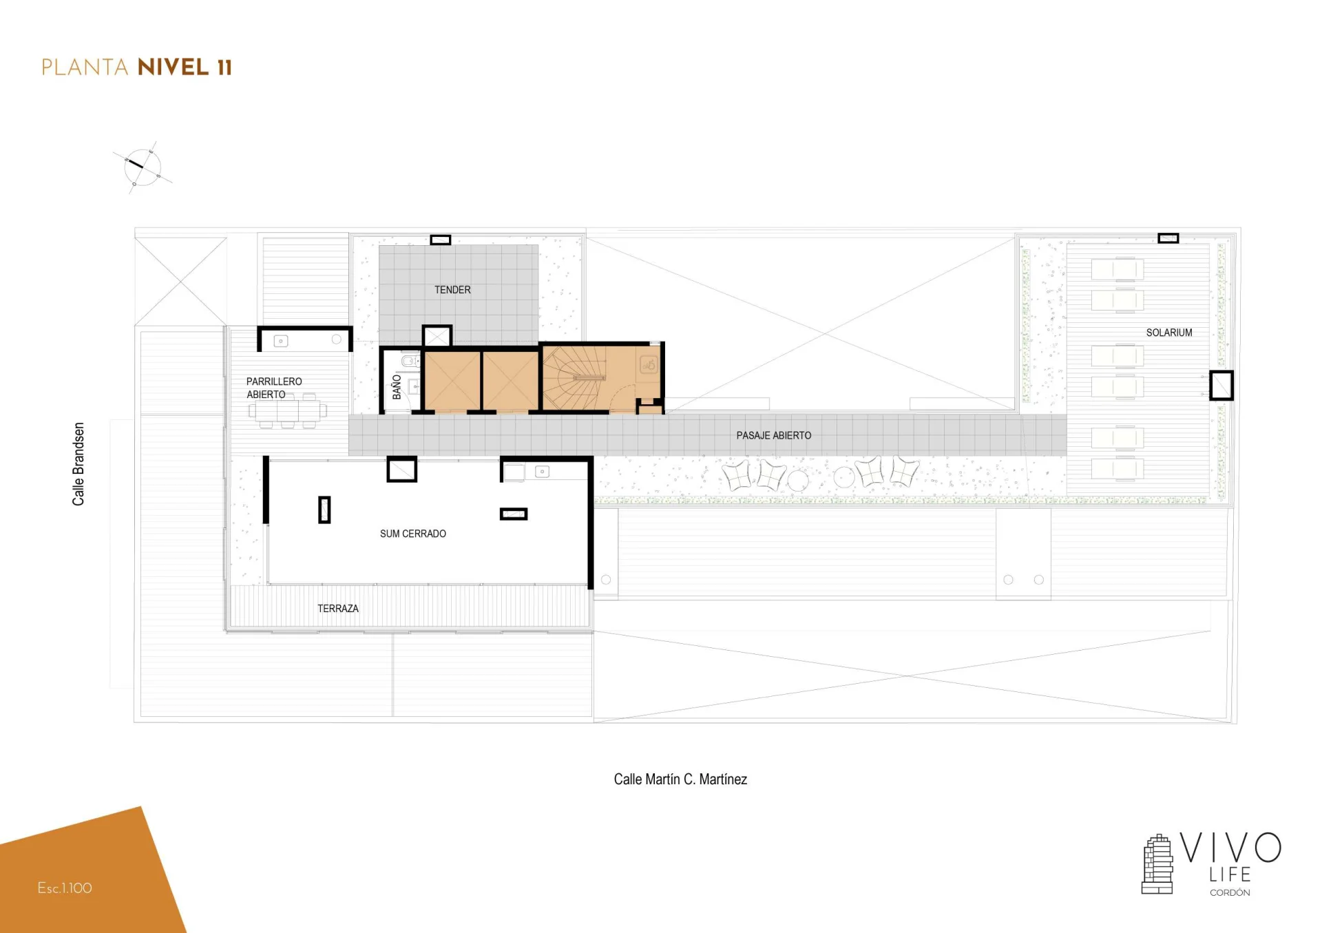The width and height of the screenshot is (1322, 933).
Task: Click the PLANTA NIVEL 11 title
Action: pos(137,67)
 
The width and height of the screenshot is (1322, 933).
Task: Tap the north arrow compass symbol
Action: pos(143,167)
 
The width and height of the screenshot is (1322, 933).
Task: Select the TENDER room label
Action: pos(452,290)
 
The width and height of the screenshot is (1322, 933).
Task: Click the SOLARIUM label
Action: pos(1168,333)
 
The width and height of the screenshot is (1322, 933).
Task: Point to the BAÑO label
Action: pos(397,387)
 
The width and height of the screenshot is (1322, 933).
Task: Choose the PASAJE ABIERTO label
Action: pos(774,435)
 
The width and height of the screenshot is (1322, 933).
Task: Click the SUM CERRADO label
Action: pos(413,534)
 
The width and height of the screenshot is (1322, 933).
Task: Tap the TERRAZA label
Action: pos(338,609)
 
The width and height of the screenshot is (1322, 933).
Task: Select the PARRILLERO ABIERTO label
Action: pos(274,388)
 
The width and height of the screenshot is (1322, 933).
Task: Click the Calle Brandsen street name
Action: pos(78,464)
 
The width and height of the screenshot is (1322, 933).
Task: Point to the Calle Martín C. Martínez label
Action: pos(680,779)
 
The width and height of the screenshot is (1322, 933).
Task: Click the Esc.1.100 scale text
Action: pos(65,888)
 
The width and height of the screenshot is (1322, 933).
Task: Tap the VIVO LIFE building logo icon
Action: pos(1157,864)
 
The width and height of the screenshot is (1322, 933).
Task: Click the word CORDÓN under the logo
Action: pos(1230,892)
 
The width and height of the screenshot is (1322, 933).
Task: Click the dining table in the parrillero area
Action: pos(288,411)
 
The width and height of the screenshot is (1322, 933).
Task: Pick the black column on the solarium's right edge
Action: pos(1221,386)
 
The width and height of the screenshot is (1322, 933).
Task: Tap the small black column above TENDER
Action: pos(441,240)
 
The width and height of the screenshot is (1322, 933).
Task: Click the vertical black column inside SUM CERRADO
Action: pos(324,510)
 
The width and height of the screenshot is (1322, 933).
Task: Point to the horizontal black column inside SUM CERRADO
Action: pos(514,514)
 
